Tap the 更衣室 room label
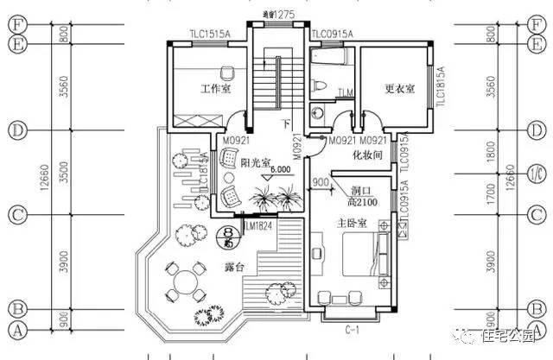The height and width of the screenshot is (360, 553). (x=398, y=89)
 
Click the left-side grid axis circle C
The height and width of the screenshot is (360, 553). (x=15, y=213)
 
